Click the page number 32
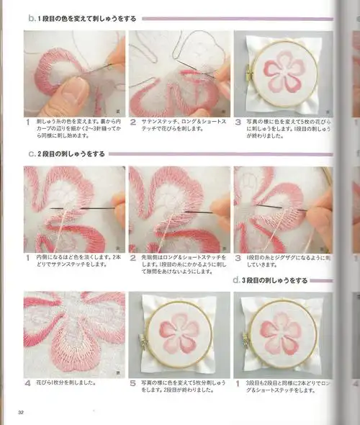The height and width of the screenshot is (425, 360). [22, 412]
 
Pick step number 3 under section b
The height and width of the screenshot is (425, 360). [238, 123]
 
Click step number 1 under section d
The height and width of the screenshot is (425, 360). [238, 383]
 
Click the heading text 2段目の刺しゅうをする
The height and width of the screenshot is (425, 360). [72, 153]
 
